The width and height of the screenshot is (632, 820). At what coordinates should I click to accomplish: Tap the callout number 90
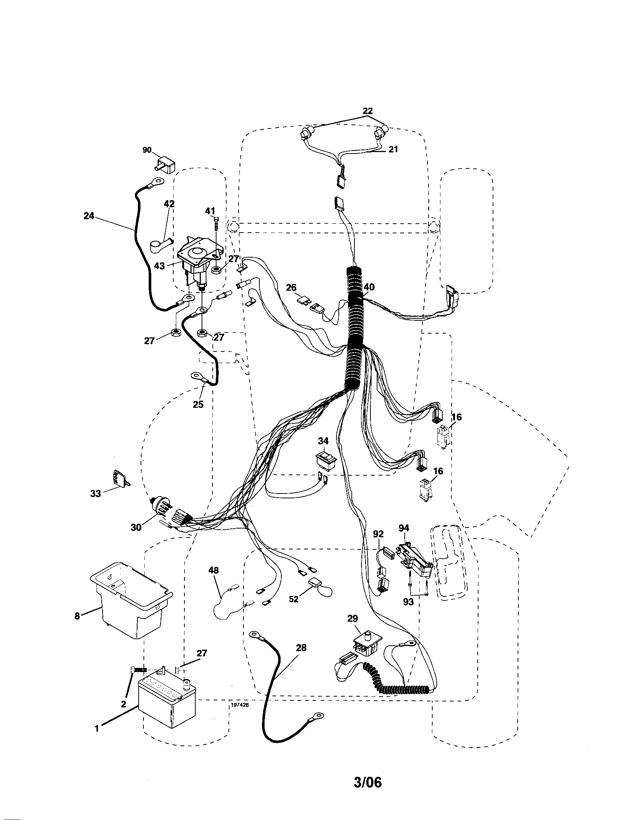[147, 150]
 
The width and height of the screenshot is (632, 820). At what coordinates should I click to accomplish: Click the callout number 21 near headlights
[392, 149]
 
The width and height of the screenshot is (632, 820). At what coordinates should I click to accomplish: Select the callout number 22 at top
[367, 111]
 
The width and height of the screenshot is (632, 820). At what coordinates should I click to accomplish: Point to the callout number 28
[301, 648]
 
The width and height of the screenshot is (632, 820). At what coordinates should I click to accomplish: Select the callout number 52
[294, 600]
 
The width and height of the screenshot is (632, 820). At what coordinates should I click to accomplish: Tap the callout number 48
[214, 571]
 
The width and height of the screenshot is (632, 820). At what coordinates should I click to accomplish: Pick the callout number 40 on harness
[369, 287]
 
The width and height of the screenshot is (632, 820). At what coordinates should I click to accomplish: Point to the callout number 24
[89, 216]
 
